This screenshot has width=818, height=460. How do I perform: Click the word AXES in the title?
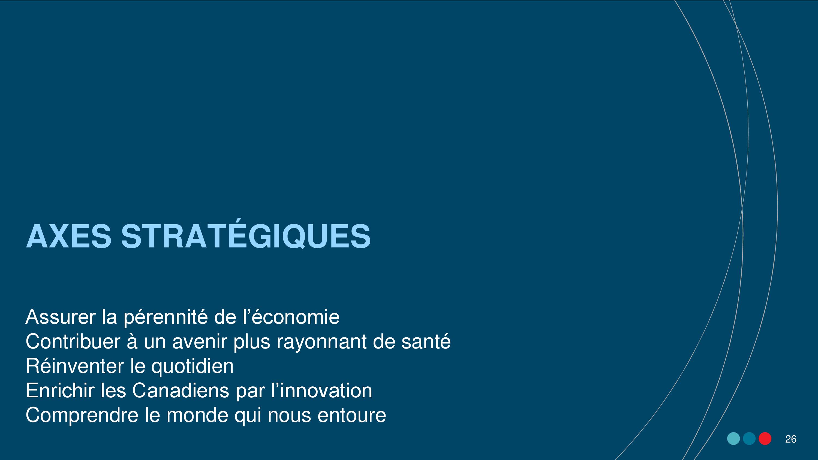point(69,236)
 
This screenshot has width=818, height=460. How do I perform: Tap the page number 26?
point(791,439)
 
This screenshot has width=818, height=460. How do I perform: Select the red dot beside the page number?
point(765,439)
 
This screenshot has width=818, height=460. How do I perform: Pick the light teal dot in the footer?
point(733,439)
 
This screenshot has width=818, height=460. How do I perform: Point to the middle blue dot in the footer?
point(749,439)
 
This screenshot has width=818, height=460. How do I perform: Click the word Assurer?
point(61,317)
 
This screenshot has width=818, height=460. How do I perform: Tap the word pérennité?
point(166,317)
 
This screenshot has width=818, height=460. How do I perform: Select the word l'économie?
point(291,317)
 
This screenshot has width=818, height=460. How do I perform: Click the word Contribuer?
point(73,341)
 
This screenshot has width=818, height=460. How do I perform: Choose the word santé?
point(426,341)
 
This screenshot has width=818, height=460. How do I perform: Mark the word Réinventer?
point(75,366)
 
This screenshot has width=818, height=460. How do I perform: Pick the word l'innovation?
point(322,391)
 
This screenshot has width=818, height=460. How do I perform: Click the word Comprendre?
point(82,415)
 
